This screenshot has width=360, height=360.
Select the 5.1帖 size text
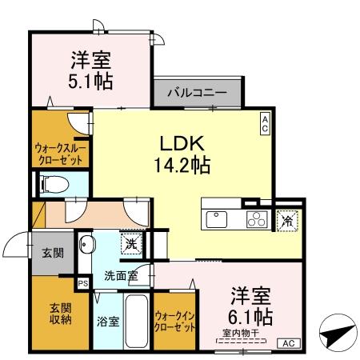90,81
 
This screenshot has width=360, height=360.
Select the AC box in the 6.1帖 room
290,343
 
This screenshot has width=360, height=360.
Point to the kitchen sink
218,218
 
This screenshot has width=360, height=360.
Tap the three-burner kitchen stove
255,218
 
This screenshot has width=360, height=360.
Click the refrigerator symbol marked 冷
286,218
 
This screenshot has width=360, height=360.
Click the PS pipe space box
82,282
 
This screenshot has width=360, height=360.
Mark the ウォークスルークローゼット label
61,153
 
